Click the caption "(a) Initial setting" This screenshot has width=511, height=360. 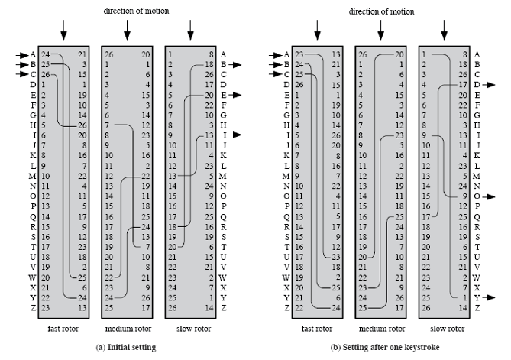click(x=127, y=347)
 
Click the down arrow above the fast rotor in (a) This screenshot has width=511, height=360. click(x=63, y=31)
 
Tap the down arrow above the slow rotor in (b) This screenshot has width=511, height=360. click(x=444, y=31)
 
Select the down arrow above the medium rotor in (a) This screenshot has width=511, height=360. click(x=127, y=31)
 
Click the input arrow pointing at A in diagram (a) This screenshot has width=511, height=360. click(x=21, y=55)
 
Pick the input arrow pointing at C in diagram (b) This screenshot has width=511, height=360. click(x=275, y=75)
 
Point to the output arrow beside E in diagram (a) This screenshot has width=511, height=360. click(x=236, y=95)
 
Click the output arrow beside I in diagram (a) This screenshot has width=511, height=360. click(x=236, y=135)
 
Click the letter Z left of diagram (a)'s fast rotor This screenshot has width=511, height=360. click(x=33, y=307)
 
